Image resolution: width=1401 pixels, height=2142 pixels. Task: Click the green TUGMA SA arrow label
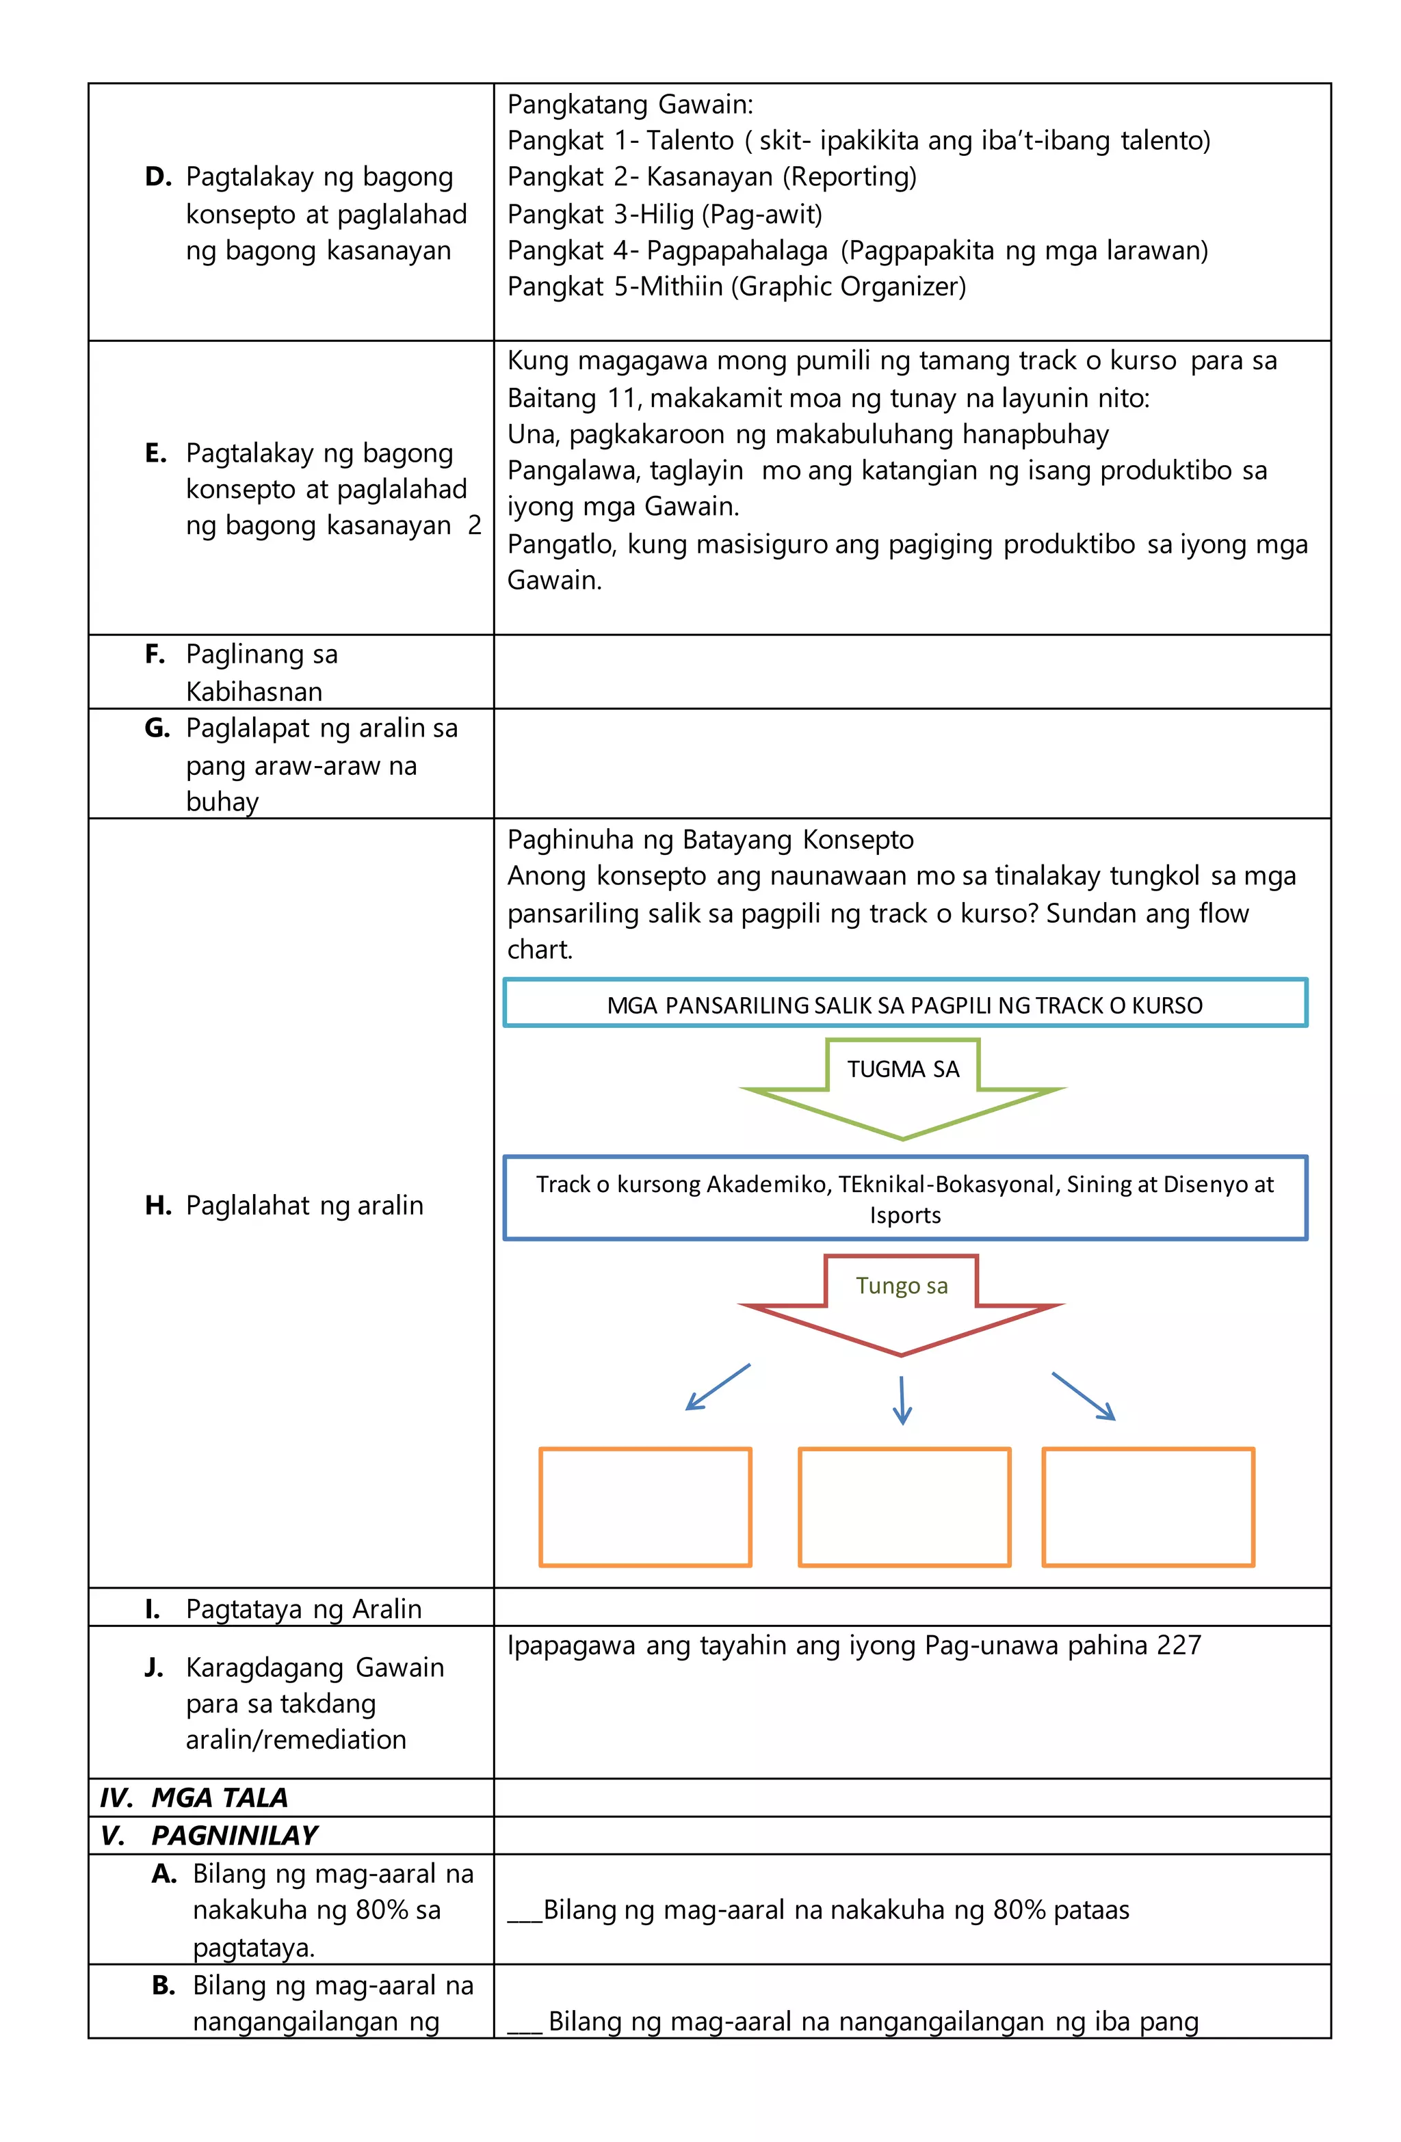(902, 1069)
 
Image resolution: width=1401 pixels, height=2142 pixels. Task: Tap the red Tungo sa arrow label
(902, 1285)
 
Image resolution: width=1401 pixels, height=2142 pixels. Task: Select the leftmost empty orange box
(644, 1507)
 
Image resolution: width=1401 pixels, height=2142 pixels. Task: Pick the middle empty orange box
(904, 1507)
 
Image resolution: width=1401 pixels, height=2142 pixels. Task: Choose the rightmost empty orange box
(1148, 1507)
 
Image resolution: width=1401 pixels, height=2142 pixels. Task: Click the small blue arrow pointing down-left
(718, 1387)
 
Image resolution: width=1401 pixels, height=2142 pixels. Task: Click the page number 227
(1179, 1645)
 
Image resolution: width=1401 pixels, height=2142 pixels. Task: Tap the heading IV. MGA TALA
(194, 1797)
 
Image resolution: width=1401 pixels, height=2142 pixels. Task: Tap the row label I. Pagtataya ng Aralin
(284, 1609)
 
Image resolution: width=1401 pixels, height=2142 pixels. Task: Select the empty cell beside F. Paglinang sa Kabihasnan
(911, 672)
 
